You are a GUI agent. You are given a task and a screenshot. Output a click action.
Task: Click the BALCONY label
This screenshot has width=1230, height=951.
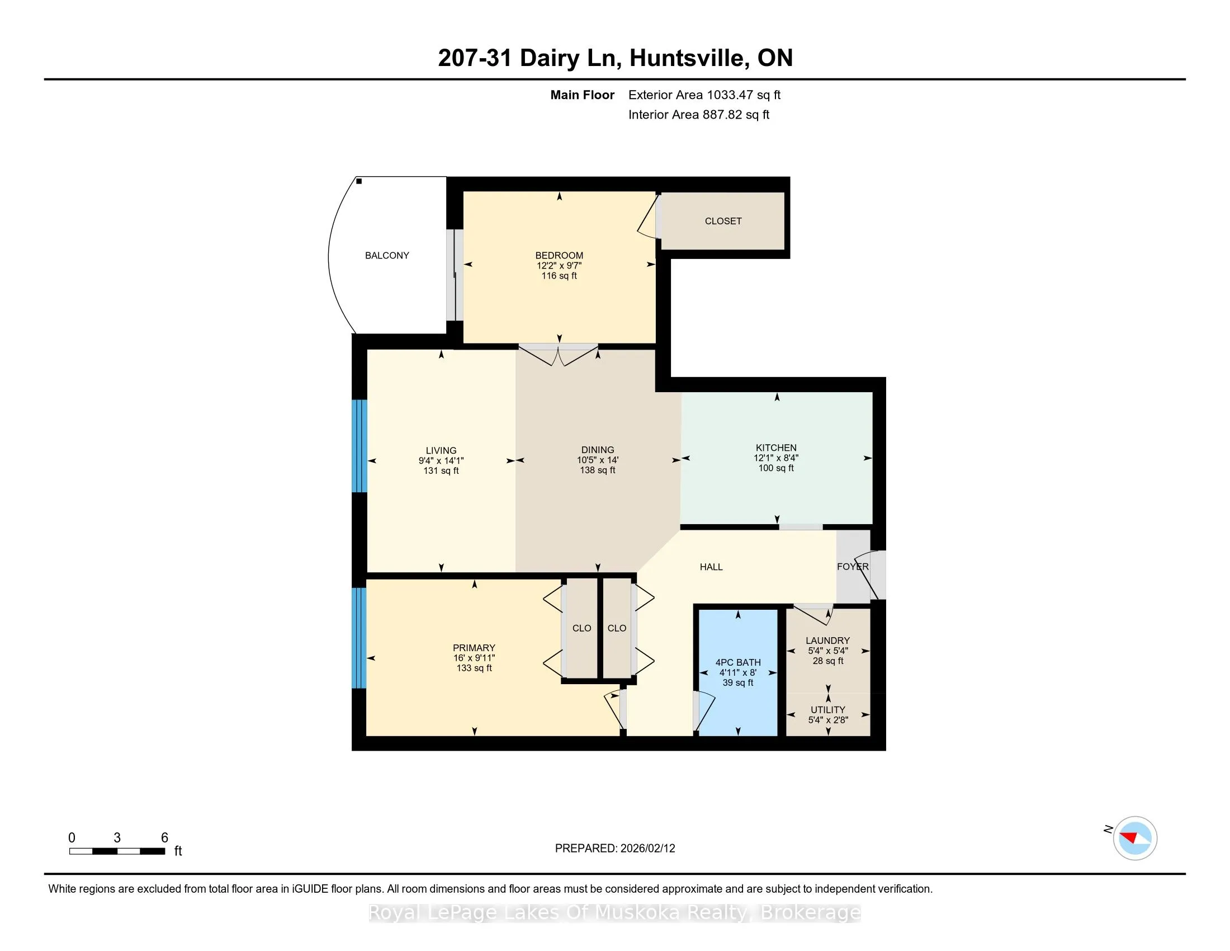[387, 256]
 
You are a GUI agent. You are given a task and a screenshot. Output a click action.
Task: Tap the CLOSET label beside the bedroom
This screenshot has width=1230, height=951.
[723, 222]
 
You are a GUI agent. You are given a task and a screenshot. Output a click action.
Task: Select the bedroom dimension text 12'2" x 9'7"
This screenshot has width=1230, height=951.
[559, 265]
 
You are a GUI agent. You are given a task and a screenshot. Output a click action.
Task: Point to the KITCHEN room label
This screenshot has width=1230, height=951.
[776, 448]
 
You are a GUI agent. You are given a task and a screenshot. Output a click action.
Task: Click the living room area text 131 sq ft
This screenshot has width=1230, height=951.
[441, 470]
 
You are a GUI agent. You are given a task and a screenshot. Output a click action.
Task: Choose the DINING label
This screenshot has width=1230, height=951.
[598, 450]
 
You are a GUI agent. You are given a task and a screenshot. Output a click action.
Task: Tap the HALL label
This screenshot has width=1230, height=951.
[711, 567]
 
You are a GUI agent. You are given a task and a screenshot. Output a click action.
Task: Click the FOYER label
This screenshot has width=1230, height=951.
[853, 567]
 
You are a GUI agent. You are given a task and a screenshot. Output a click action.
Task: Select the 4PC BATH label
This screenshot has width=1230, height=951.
[739, 662]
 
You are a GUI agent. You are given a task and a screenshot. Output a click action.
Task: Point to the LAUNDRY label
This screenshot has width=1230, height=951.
[828, 641]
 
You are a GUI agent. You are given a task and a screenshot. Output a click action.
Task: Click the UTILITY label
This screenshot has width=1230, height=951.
[828, 710]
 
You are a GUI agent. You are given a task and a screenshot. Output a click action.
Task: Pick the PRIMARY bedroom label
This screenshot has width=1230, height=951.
[474, 648]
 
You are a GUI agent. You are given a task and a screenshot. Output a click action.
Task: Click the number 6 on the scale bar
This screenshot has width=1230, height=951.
[164, 838]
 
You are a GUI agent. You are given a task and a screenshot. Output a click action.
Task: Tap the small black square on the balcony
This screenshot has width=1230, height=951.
[359, 181]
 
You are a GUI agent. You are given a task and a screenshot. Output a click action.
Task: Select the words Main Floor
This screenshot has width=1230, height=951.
[583, 95]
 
